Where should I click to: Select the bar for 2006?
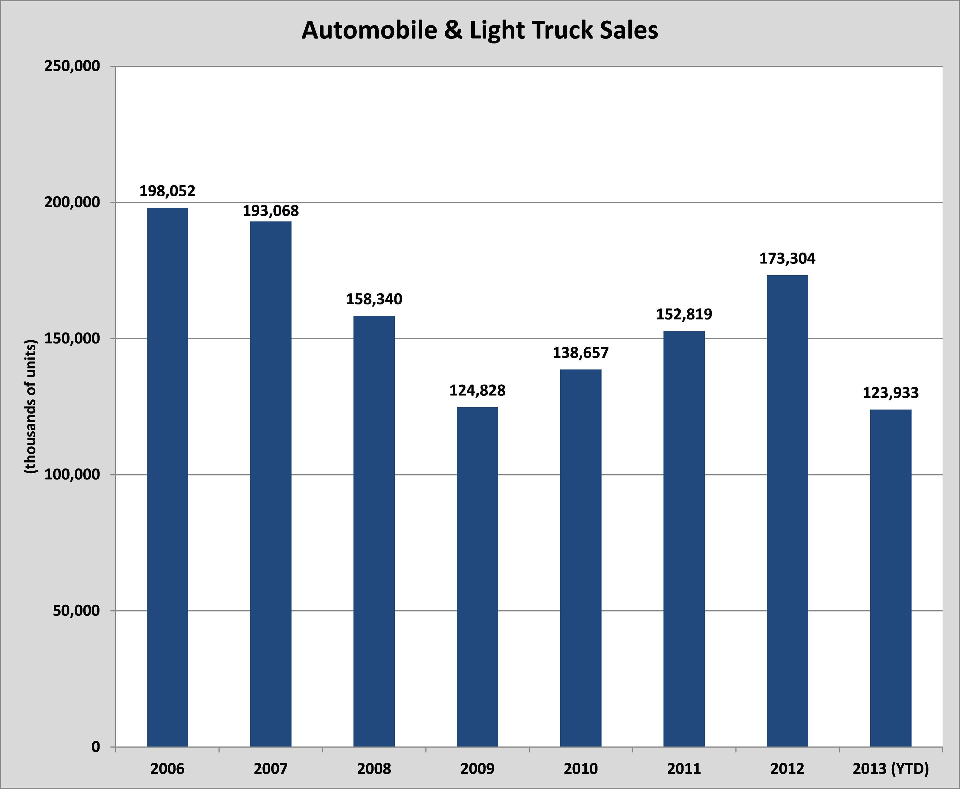[167, 477]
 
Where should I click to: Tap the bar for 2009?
[477, 577]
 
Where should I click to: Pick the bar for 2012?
[787, 511]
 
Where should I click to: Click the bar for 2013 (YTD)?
[890, 578]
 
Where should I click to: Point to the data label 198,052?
[167, 191]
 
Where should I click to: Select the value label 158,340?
[374, 299]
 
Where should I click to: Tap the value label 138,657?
[580, 353]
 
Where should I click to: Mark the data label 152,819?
[684, 314]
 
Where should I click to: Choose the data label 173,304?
[787, 258]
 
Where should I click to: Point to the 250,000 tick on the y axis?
[72, 66]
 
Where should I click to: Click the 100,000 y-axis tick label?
[72, 474]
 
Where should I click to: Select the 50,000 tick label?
[76, 610]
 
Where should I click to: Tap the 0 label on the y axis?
[95, 747]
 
